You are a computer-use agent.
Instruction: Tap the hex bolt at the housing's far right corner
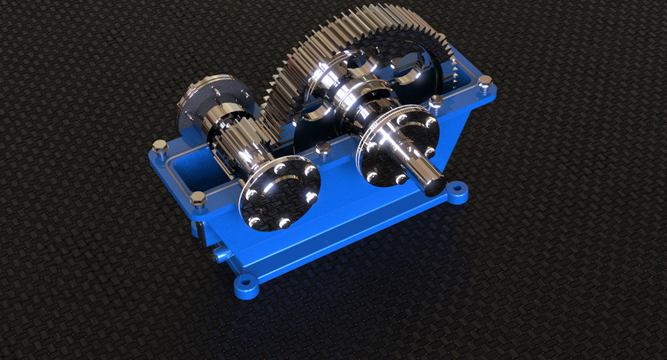point(485,82)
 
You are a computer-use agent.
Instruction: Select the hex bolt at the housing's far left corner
point(160,147)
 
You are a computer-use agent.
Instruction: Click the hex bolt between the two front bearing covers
point(322,149)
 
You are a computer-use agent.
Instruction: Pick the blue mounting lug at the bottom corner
point(245,284)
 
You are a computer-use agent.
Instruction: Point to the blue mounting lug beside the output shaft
point(456,190)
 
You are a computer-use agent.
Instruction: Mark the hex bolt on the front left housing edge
point(198,199)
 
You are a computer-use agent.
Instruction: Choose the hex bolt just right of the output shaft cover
point(436,104)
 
